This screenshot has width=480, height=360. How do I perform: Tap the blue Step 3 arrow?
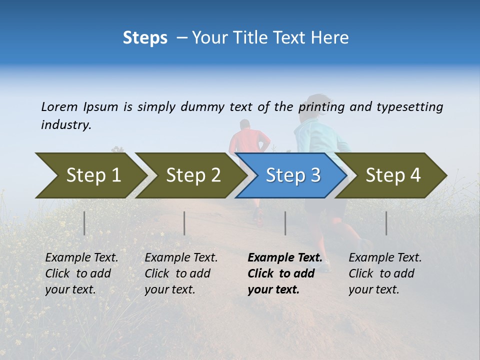point(292,175)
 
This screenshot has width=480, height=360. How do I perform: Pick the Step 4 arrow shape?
point(392,175)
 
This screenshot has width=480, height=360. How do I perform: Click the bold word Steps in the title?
point(145,38)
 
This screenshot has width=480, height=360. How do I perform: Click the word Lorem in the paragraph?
point(59,106)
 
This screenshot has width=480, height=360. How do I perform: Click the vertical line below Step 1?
point(84,223)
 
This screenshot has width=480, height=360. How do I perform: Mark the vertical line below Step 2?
point(184,223)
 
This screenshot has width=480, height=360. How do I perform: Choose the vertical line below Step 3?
point(285,223)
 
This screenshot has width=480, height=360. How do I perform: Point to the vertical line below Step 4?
point(386,223)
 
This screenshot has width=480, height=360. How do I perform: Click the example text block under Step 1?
point(81,273)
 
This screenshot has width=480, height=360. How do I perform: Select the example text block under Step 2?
point(181,273)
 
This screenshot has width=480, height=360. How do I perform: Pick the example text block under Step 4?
point(385,273)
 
